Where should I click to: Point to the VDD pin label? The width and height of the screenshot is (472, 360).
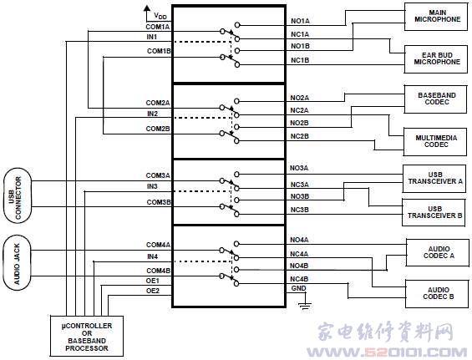160,16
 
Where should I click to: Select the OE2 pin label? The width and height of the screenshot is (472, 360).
153,291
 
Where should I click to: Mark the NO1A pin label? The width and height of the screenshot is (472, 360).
300,21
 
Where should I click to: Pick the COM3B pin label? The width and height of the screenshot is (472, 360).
159,202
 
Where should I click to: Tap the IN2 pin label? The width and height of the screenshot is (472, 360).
152,114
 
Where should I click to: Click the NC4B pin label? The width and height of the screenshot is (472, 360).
299,279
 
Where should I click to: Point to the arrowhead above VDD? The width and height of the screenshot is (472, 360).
147,8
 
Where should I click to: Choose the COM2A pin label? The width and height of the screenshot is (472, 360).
158,103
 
